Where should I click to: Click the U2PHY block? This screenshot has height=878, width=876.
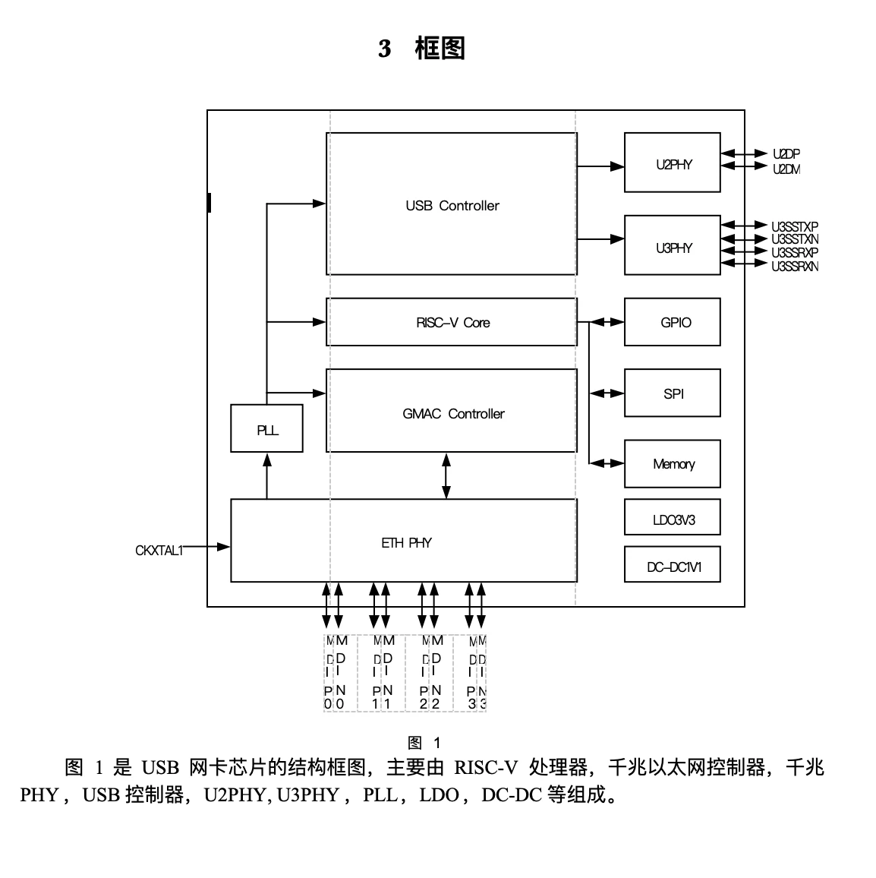tap(672, 163)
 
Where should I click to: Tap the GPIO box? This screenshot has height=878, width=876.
tap(672, 322)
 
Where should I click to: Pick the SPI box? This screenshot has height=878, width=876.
tap(672, 393)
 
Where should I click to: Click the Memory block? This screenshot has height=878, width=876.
tap(672, 464)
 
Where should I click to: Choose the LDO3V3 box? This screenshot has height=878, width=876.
tap(672, 520)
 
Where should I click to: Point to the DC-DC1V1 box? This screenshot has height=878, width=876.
tap(672, 567)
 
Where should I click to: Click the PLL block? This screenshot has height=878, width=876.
tap(266, 430)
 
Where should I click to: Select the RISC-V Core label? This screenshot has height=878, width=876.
tap(452, 323)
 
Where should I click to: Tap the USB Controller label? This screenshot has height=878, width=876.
tap(452, 206)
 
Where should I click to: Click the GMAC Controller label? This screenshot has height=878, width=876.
tap(453, 414)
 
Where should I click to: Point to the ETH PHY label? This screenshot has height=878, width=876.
tap(406, 543)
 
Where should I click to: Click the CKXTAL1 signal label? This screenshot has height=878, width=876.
tap(159, 550)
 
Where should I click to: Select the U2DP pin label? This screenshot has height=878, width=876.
tap(786, 154)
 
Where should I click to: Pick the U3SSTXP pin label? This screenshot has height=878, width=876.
tap(795, 226)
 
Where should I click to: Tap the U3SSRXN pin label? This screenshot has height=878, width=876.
tap(795, 266)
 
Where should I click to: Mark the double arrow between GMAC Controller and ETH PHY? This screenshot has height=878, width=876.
tap(446, 475)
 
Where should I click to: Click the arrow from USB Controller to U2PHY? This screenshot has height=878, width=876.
tap(600, 166)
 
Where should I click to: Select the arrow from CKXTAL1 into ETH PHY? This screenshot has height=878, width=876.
tap(206, 546)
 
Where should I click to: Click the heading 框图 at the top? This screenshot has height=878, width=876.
tap(440, 49)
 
